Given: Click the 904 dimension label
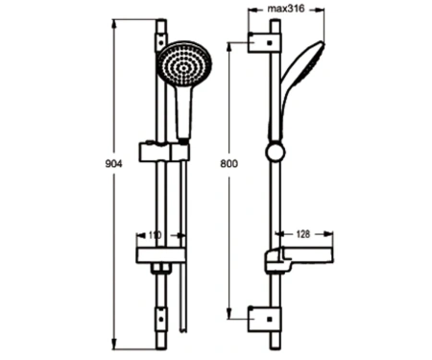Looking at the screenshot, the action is click(113, 163).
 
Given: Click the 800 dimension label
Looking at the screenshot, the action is click(229, 163).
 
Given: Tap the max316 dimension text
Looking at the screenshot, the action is click(286, 9).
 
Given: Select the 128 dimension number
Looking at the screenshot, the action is click(302, 234).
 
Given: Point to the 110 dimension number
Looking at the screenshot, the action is click(156, 235).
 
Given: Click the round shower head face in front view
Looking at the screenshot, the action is click(184, 64).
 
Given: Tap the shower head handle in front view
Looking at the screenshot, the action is click(184, 112).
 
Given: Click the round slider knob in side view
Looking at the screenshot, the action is click(275, 152).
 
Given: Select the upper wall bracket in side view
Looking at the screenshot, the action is click(265, 42).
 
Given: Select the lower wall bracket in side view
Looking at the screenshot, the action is click(265, 319).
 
